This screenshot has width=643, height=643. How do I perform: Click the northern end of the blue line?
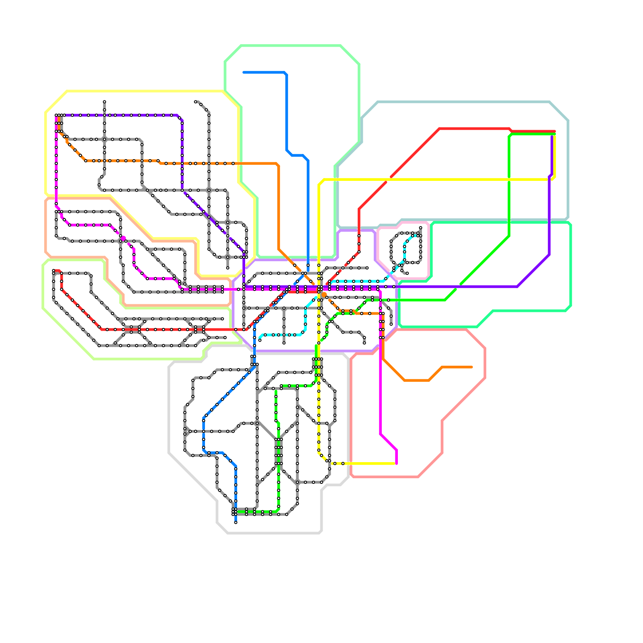pyautogui.click(x=244, y=72)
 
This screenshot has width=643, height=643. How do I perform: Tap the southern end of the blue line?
pyautogui.click(x=235, y=522)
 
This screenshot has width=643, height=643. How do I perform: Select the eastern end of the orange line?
pyautogui.click(x=472, y=367)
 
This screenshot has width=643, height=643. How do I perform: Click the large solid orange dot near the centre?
pyautogui.click(x=324, y=295)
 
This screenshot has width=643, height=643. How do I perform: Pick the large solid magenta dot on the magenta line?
pyautogui.click(x=123, y=238)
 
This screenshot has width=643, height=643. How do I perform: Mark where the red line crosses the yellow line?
pyautogui.click(x=389, y=179)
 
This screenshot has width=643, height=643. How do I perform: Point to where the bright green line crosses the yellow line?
pyautogui.click(x=509, y=179)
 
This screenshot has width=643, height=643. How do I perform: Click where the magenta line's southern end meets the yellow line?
pyautogui.click(x=396, y=464)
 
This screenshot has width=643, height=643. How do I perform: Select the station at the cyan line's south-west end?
pyautogui.click(x=260, y=340)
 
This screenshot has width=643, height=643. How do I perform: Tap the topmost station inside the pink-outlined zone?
pyautogui.click(x=420, y=228)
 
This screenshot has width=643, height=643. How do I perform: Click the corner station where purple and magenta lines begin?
pyautogui.click(x=56, y=115)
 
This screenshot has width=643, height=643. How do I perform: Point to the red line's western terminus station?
pyautogui.click(x=53, y=271)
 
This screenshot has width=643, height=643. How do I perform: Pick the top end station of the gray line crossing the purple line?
pyautogui.click(x=104, y=102)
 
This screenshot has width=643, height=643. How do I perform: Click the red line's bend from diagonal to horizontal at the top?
pyautogui.click(x=439, y=129)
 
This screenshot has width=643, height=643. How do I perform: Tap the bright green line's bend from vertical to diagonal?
pyautogui.click(x=509, y=236)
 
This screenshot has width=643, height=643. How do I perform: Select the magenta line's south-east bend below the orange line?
pyautogui.click(x=381, y=434)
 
